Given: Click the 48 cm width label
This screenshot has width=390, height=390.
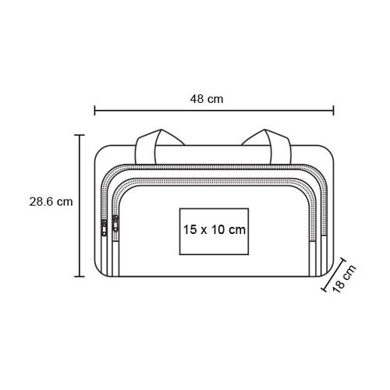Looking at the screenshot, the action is (x=207, y=99).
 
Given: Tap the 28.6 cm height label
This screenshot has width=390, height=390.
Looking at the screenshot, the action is (x=51, y=202).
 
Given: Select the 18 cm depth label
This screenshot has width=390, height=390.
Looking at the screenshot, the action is (x=344, y=278).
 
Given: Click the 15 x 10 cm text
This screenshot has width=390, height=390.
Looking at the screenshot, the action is (x=214, y=229).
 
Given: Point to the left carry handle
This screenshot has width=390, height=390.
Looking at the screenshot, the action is (x=148, y=147).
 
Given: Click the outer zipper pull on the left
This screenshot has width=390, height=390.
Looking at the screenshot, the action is (x=104, y=228).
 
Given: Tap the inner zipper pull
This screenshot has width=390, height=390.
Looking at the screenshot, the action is (x=115, y=224).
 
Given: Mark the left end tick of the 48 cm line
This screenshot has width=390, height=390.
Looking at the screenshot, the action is (x=94, y=110).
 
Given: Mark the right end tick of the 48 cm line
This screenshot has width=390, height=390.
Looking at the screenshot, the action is (x=333, y=110).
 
